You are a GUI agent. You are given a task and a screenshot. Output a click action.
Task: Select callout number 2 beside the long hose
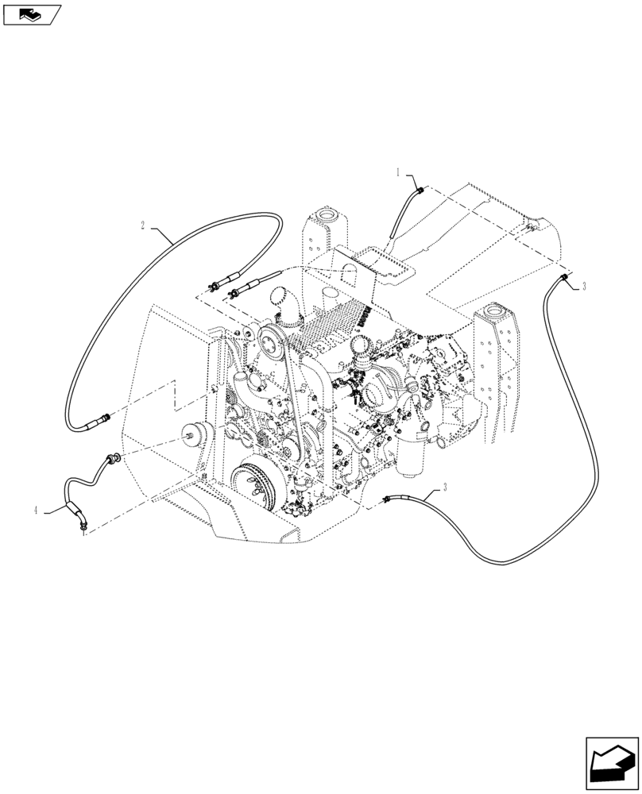(143, 225)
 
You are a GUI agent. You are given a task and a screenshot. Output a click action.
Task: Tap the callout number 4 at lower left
(37, 511)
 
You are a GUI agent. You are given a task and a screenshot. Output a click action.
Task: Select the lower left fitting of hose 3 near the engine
(388, 499)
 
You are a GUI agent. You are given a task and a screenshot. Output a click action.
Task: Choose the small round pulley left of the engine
(193, 434)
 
